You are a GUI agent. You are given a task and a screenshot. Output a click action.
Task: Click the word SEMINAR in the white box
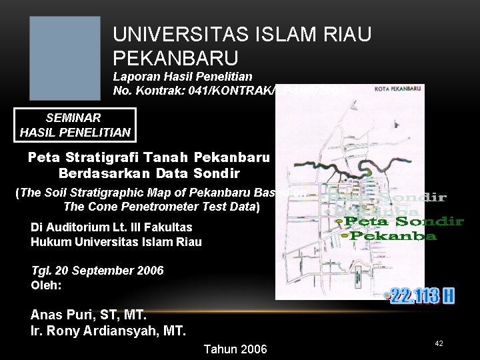click(x=74, y=118)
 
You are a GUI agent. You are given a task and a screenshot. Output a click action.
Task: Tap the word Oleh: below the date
click(x=46, y=285)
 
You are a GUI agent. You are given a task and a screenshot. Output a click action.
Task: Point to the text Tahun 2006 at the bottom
click(x=235, y=349)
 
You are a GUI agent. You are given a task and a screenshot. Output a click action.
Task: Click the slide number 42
click(x=439, y=343)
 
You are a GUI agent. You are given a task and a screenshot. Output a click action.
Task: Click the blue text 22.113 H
click(x=421, y=295)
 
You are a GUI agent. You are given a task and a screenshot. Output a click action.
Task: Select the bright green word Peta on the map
click(x=367, y=221)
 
